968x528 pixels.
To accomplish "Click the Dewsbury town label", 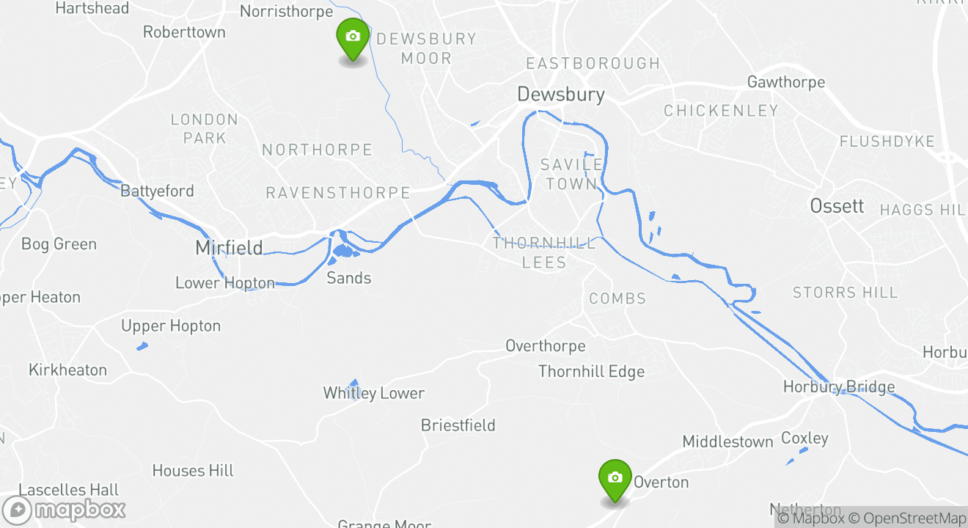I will point(561,94).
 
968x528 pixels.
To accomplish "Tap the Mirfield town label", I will point(229,248).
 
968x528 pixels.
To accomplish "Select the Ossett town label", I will point(837,206).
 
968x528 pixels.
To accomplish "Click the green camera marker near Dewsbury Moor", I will point(353,37).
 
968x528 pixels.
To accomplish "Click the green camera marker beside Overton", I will point(615,479).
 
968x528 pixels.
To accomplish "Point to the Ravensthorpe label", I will point(338,193).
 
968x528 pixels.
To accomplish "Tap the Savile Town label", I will point(571,174).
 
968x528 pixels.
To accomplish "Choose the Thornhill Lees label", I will point(544,253).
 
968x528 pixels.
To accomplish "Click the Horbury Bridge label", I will point(839,387).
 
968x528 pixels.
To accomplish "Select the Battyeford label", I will point(158,191).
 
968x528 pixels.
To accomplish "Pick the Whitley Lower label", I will point(374,394).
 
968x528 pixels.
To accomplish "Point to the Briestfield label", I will point(458,425).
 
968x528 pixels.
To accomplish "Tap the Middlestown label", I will point(727,441).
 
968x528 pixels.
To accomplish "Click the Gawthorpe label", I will point(786,82).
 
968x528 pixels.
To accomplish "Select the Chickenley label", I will point(721,111).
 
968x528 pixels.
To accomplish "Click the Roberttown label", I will point(184,32).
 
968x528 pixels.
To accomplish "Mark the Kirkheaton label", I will point(67,370).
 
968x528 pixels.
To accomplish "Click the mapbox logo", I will point(65,510).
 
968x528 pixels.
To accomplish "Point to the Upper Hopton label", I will point(171,326).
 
